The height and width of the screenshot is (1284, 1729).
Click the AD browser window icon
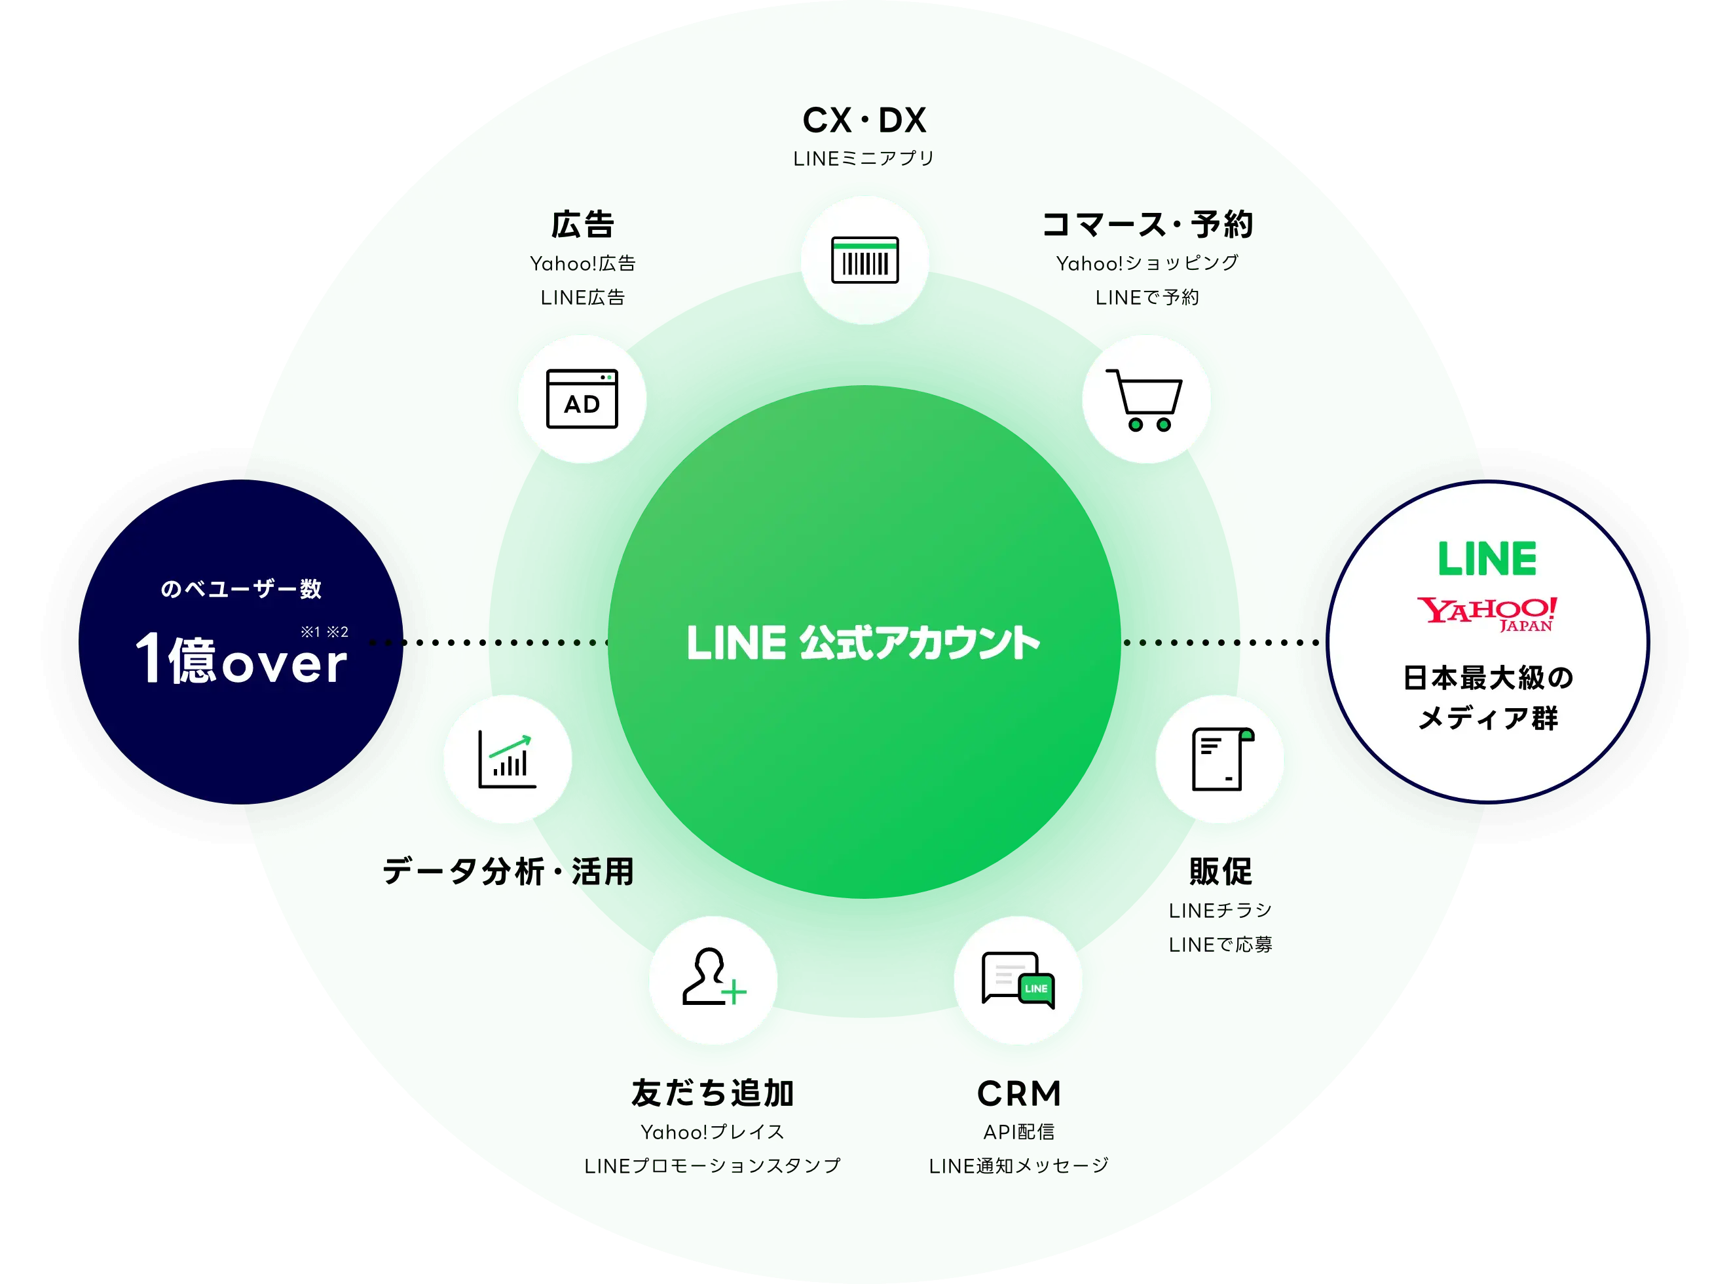(x=582, y=399)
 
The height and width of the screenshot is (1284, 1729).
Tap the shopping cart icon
(x=1145, y=400)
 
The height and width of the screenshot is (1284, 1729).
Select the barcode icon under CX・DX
(x=865, y=259)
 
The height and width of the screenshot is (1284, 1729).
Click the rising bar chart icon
(x=508, y=759)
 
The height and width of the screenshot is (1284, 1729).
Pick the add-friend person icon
(x=713, y=979)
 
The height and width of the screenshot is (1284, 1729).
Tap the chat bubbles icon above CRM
(x=1018, y=980)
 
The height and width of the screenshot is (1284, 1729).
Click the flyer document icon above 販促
(x=1220, y=759)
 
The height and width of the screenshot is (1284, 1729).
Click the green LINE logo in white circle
(x=1487, y=559)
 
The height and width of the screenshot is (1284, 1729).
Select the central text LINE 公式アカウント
(x=863, y=643)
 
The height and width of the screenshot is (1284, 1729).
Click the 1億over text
(x=241, y=660)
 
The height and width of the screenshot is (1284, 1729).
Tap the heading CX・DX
(x=864, y=121)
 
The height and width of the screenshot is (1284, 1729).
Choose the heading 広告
(x=583, y=225)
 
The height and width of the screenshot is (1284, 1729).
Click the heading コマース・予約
(x=1147, y=225)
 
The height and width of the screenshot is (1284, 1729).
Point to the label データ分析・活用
(x=508, y=871)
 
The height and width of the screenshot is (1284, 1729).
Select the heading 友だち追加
(x=713, y=1093)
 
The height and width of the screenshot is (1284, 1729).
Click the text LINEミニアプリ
(x=863, y=159)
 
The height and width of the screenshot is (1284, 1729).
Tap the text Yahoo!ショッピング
(x=1147, y=263)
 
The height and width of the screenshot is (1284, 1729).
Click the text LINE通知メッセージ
(x=1018, y=1166)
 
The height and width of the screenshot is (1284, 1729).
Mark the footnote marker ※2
(x=337, y=632)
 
